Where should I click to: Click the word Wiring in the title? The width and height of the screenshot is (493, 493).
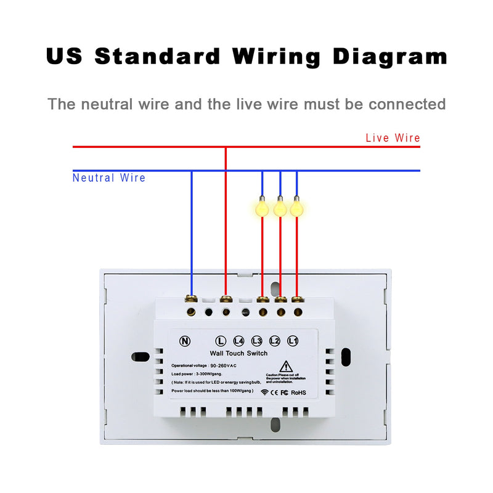[x=277, y=57]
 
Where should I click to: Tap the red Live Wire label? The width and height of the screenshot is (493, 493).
[x=393, y=138]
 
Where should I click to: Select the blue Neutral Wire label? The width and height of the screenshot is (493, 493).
[x=109, y=178]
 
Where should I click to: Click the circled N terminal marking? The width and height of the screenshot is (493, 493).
[x=184, y=341]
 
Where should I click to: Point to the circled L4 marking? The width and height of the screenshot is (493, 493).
[x=239, y=341]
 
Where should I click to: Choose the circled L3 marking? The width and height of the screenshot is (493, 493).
[x=257, y=341]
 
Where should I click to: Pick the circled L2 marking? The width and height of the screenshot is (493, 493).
[x=275, y=341]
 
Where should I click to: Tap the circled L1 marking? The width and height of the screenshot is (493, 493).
[x=293, y=341]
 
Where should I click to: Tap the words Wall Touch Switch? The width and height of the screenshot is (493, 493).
[x=238, y=353]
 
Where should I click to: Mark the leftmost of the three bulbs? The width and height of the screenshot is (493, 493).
[x=263, y=208]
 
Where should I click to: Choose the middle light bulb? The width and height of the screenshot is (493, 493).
[x=280, y=208]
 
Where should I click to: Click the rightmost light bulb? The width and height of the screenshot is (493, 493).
[x=297, y=208]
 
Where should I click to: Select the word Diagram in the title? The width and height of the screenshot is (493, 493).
[x=390, y=57]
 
